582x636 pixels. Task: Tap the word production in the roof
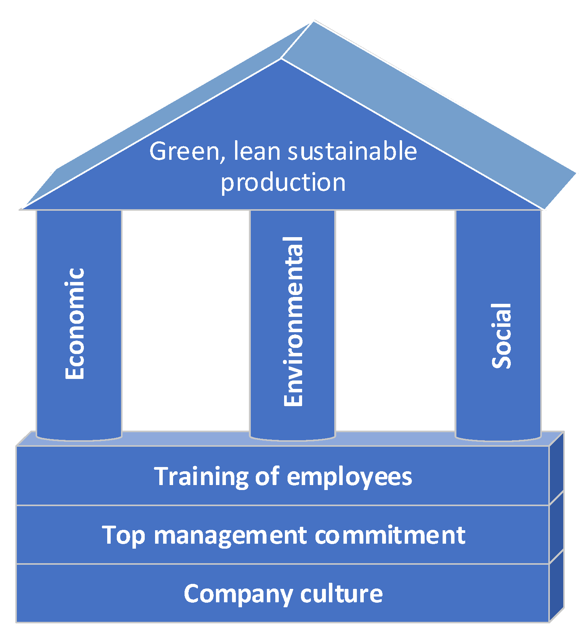(x=283, y=182)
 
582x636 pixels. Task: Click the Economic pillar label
(x=75, y=324)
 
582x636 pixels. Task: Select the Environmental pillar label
(x=293, y=322)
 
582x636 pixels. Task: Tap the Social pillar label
(x=502, y=336)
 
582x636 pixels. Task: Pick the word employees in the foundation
(x=349, y=477)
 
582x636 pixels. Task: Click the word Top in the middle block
(x=123, y=536)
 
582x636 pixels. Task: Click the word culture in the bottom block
(x=342, y=593)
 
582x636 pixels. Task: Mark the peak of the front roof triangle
(x=281, y=60)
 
